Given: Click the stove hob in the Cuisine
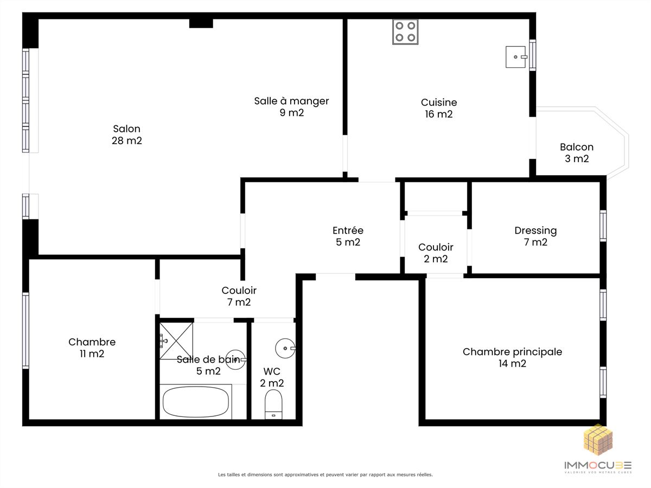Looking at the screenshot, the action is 405,31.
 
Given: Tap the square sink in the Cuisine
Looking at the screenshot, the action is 516,57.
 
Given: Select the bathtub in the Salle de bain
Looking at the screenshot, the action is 196,402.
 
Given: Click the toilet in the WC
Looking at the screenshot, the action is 273,404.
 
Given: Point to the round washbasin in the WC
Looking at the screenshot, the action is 285,349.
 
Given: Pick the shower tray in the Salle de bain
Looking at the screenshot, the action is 176,341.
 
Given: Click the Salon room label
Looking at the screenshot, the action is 126,134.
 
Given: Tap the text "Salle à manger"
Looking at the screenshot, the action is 291,101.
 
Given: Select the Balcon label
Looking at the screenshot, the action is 577,152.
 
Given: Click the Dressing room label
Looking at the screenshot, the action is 535,236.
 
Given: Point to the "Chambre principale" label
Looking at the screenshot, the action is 512,352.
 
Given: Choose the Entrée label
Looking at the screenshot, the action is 348,236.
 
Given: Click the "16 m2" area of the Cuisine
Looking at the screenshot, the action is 439,114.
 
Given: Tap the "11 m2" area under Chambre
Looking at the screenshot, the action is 92,354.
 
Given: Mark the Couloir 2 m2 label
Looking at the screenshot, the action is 436,253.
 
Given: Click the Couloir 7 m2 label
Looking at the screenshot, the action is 239,296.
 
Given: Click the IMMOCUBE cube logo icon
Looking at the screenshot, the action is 598,440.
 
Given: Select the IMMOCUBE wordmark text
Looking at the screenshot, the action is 598,465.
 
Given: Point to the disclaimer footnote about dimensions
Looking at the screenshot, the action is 325,474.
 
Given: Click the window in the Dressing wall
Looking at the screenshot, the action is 603,226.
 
